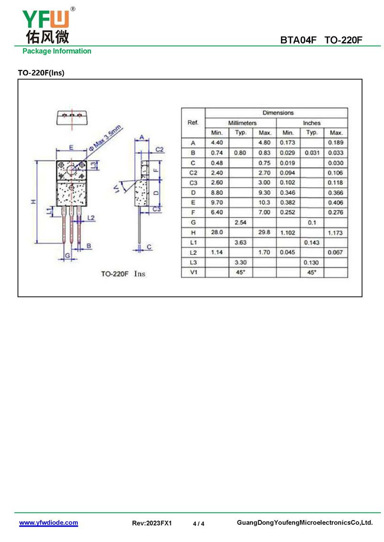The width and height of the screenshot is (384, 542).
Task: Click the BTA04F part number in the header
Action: tap(298, 40)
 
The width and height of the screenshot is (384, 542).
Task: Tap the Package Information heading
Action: tap(57, 51)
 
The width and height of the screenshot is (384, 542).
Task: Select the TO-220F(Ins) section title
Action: tap(41, 72)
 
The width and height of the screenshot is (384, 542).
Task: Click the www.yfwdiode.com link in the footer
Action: tap(48, 522)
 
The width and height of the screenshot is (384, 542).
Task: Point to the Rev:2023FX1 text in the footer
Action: tap(152, 523)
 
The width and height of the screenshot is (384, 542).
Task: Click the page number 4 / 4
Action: tap(198, 523)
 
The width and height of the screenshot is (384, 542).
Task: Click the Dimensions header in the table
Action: tap(278, 113)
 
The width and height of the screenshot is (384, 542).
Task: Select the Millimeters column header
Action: tap(242, 123)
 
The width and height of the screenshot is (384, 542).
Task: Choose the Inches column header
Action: tap(312, 123)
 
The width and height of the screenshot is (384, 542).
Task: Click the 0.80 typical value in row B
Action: tap(240, 152)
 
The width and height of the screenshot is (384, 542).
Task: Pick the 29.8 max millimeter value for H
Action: tap(264, 232)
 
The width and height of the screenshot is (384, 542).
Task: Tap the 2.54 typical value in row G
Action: tap(240, 222)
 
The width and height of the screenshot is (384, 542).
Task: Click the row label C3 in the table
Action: tap(193, 183)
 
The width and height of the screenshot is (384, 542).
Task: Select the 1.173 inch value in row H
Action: tap(335, 232)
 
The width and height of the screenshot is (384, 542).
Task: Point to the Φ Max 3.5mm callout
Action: tap(105, 138)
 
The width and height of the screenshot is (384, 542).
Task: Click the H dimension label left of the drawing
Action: tap(34, 202)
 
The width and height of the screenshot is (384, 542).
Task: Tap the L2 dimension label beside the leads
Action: tap(91, 218)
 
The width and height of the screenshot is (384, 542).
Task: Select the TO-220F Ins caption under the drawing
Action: tap(123, 274)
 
